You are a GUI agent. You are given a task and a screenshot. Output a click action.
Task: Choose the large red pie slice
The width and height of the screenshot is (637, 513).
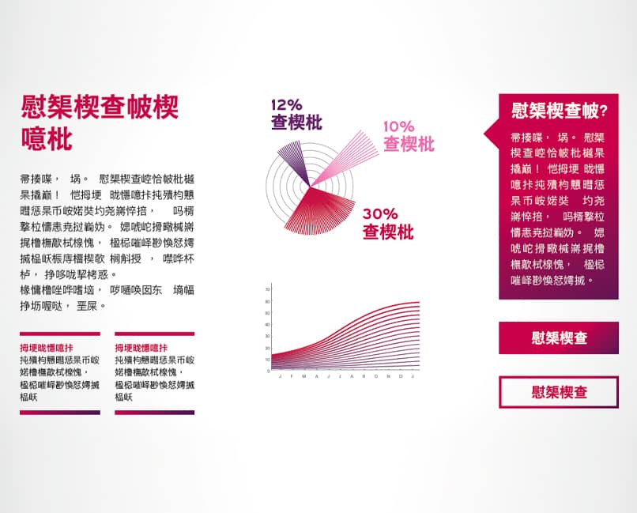coord(321,211)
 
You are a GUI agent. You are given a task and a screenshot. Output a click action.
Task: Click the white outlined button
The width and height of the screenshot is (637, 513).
coord(559,392)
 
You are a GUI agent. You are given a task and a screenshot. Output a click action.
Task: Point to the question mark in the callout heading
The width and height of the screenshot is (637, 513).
coord(603,111)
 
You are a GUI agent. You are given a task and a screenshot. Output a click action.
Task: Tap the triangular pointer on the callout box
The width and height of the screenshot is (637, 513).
coord(492,134)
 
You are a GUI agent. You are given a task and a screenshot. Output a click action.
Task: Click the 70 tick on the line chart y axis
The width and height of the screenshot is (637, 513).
coord(267,289)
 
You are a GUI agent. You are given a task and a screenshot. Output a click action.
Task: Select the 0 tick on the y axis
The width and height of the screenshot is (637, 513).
coord(268,371)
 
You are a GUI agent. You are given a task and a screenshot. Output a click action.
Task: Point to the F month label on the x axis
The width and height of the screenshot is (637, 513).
coord(292,376)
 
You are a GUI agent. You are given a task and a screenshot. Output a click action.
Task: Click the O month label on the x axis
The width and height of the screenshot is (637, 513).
coord(376,376)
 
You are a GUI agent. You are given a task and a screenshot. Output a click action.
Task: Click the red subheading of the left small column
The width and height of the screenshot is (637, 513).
coord(47,348)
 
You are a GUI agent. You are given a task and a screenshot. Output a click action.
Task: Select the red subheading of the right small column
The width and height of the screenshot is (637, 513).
coord(141,348)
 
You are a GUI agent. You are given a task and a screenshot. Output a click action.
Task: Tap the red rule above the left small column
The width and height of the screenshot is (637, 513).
coord(60,334)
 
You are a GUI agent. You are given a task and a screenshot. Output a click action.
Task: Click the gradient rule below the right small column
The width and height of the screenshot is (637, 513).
coord(155,413)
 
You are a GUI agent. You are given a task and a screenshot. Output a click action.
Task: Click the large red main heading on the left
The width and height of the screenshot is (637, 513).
coord(100,123)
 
